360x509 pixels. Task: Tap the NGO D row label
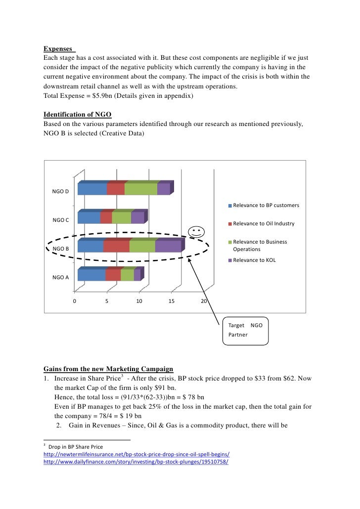[x=61, y=191]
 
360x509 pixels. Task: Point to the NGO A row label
[x=61, y=277]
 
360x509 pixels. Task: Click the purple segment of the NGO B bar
[x=168, y=246]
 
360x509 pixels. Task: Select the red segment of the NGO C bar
[x=106, y=218]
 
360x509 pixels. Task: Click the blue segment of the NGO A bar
[x=91, y=275]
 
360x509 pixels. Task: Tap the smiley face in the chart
[x=196, y=231]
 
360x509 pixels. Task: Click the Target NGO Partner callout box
[x=246, y=330]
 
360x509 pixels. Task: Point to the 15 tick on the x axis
[x=171, y=300]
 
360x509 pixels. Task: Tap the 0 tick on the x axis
[x=75, y=300]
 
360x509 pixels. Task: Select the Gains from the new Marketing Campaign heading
[x=108, y=369]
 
